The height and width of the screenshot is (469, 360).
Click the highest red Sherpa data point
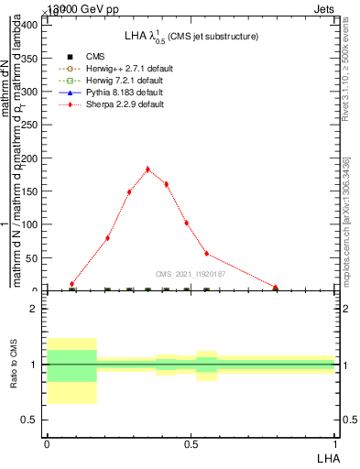(x=147, y=169)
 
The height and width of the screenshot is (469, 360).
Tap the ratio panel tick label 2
(x=34, y=309)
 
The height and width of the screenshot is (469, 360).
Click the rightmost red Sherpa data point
(x=275, y=288)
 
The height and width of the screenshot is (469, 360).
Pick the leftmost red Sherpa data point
(x=71, y=284)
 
